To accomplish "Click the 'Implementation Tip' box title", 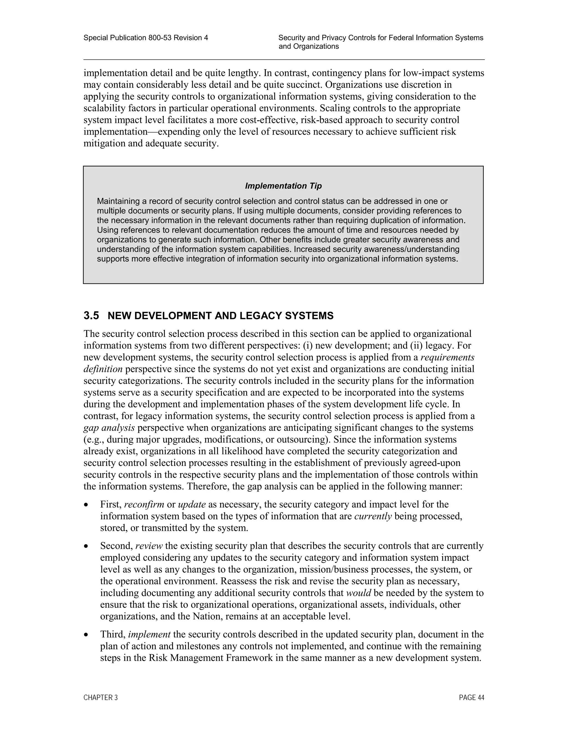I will pos(283,186).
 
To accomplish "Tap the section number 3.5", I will pos(91,316).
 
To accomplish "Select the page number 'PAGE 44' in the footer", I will pos(471,698).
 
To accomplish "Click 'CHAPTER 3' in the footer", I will pos(101,698).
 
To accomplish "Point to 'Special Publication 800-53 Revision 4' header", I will pos(146,38).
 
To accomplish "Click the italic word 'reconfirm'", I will pos(144,505).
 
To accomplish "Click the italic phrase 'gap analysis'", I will pos(109,428).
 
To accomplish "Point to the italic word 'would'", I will pos(358,593).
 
